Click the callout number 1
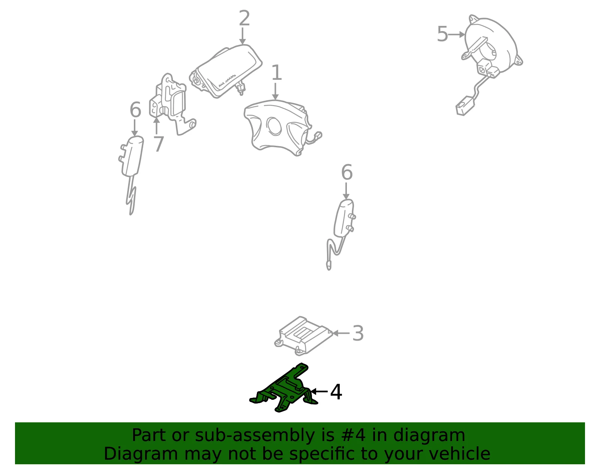(x=277, y=72)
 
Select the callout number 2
(x=244, y=18)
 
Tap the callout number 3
(x=358, y=333)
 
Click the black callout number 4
(x=336, y=392)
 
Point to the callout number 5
(x=442, y=34)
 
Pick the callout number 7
(x=159, y=144)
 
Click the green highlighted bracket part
(x=283, y=389)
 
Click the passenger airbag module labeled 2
(x=225, y=71)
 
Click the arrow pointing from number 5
(x=456, y=34)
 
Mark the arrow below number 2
(x=242, y=36)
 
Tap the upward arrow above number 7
(x=156, y=126)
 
